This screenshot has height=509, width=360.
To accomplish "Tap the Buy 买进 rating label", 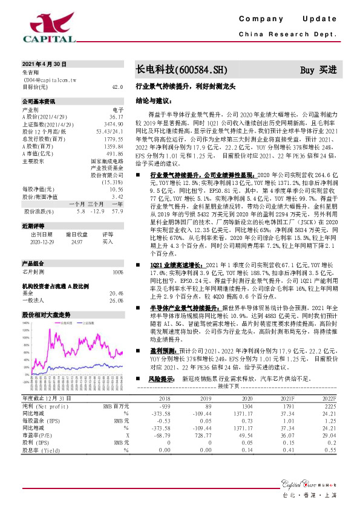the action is [318, 70].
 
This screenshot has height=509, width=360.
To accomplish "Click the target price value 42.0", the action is [117, 87].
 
